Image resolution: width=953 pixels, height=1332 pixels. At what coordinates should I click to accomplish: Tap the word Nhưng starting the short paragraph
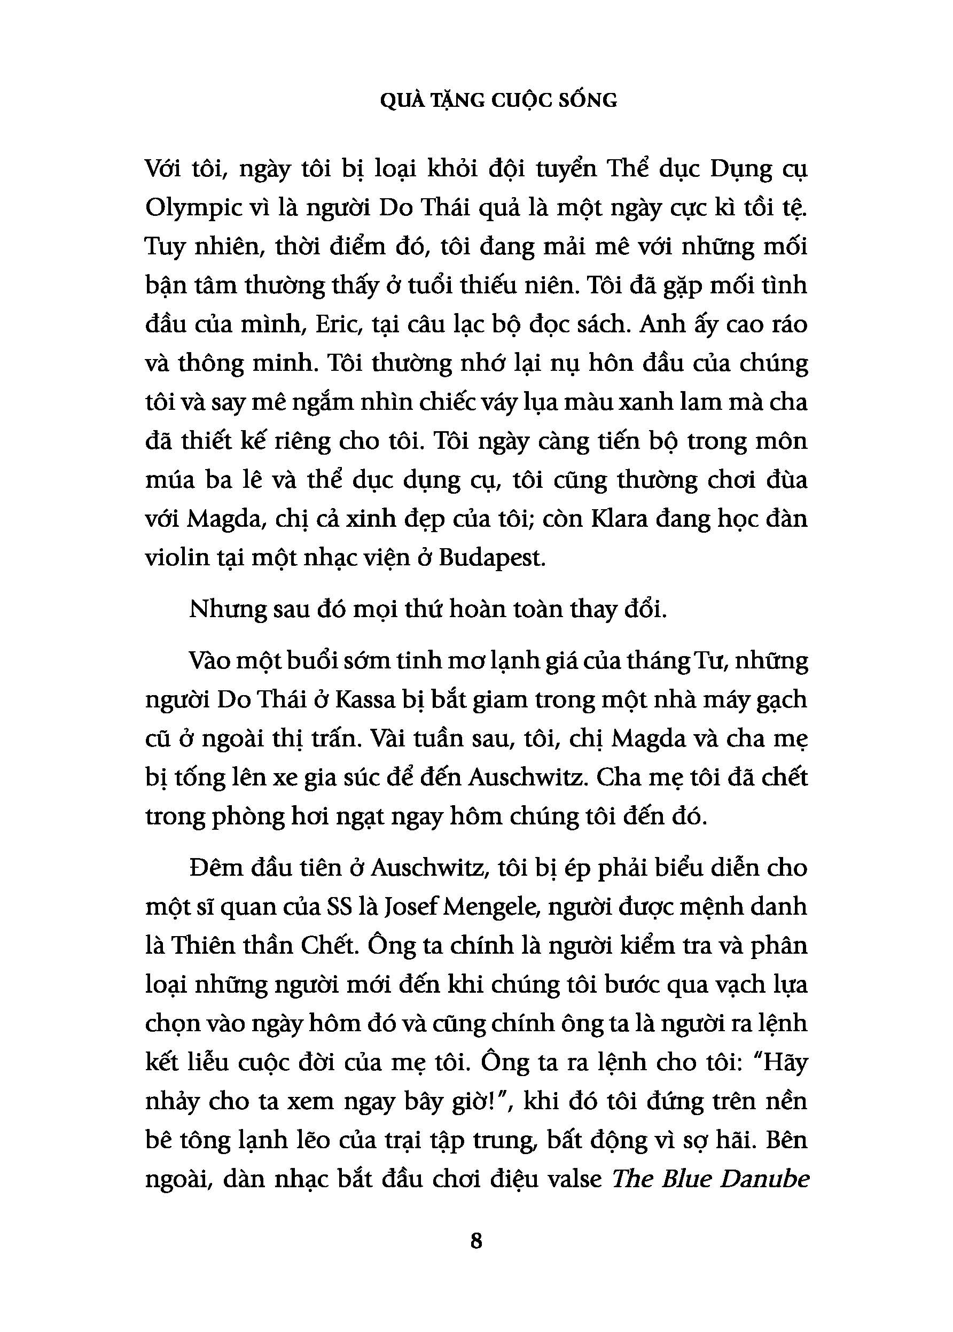[226, 610]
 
